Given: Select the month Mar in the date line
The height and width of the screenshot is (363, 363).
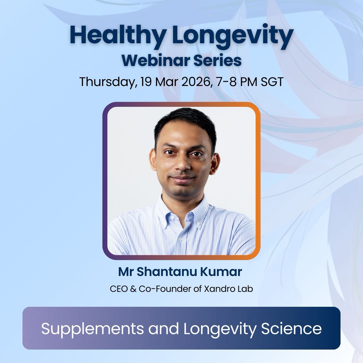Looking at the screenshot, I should pyautogui.click(x=163, y=82).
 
